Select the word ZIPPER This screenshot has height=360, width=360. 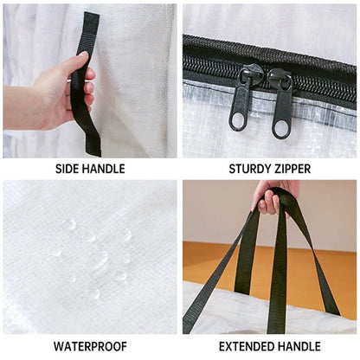click(x=292, y=169)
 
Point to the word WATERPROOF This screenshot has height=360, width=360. click(x=89, y=346)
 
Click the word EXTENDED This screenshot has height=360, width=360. click(x=244, y=346)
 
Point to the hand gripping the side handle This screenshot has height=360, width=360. click(x=61, y=91)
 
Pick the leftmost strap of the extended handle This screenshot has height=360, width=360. click(x=201, y=286)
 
